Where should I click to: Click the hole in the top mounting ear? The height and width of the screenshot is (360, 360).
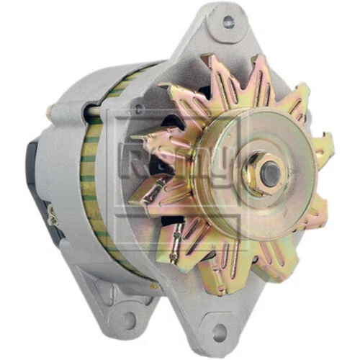(x=228, y=22)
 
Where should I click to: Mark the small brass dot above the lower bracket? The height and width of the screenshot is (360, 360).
(x=153, y=286)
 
